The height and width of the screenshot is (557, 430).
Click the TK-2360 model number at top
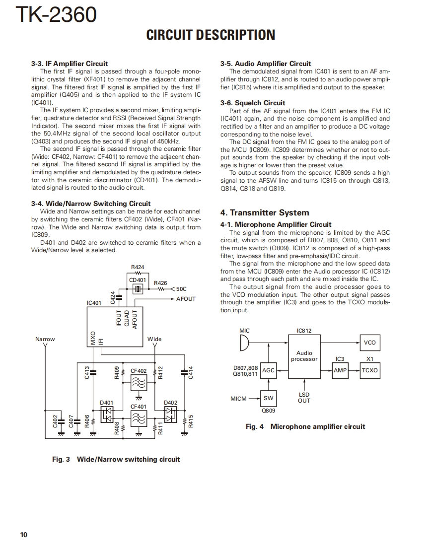(56, 15)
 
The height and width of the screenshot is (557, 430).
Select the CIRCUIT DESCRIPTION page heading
(211, 35)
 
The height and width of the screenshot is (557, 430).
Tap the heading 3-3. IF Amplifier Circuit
(70, 64)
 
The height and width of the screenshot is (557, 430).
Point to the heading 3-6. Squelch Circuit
(253, 103)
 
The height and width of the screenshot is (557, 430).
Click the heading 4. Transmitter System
(265, 213)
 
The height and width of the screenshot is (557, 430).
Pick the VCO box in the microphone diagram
(369, 343)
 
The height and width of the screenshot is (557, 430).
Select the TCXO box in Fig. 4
(369, 370)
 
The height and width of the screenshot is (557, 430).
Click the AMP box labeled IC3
(340, 370)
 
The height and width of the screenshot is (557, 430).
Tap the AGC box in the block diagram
(268, 370)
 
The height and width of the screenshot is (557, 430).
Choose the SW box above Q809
(268, 398)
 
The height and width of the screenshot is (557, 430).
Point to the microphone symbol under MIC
(244, 343)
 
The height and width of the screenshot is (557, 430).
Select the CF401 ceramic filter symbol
(139, 419)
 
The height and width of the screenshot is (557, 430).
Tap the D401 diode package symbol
(107, 415)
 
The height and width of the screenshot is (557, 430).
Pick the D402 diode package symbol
(170, 415)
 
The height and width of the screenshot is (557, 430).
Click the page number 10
(24, 535)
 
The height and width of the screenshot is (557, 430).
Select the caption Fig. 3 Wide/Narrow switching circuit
(116, 459)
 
